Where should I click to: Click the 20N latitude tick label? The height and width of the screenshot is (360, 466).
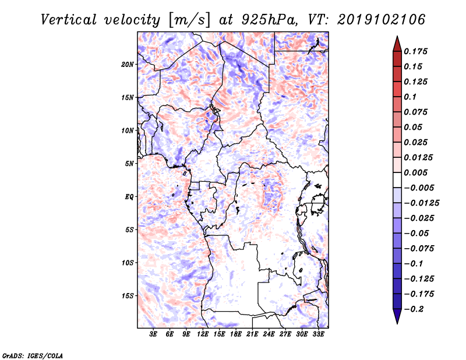(128, 64)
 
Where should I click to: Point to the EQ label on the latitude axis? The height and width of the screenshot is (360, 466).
(129, 197)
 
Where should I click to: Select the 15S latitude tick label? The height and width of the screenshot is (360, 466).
(128, 296)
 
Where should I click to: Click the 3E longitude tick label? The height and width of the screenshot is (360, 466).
(154, 334)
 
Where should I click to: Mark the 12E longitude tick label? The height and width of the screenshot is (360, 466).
(203, 334)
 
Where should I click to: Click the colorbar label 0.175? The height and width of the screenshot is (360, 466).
(416, 52)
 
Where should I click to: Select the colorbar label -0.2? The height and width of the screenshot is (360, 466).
(415, 308)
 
